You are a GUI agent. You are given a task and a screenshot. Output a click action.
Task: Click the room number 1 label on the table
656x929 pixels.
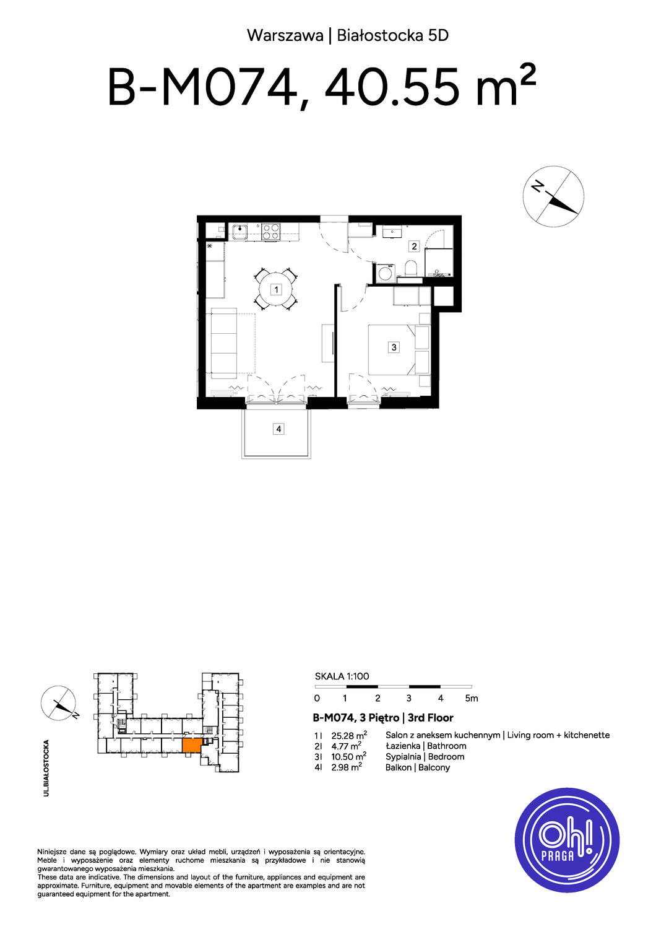pyautogui.click(x=276, y=289)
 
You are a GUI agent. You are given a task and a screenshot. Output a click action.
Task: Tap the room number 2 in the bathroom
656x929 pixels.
pyautogui.click(x=414, y=246)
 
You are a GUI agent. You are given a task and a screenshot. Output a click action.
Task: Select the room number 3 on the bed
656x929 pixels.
pyautogui.click(x=394, y=347)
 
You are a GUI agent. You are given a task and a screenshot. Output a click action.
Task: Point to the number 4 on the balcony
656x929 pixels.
pyautogui.click(x=278, y=429)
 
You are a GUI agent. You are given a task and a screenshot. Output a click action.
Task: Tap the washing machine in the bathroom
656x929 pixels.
pyautogui.click(x=386, y=273)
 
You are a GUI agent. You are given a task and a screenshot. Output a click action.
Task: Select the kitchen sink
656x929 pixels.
pyautogui.click(x=240, y=232)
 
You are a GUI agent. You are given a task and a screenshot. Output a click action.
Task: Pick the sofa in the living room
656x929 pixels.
pyautogui.click(x=224, y=343)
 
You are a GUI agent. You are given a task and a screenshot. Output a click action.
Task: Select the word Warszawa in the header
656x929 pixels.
pyautogui.click(x=285, y=36)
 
